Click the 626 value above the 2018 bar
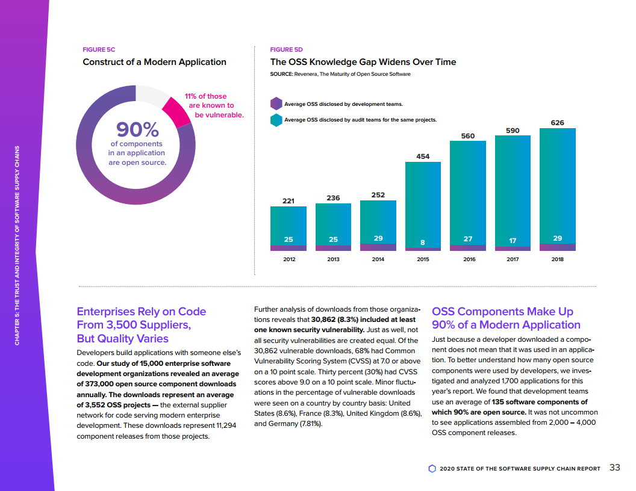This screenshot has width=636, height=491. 558,123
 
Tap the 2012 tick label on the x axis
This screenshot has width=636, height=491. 288,259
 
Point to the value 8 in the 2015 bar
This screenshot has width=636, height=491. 423,242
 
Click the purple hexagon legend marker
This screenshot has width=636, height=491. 276,104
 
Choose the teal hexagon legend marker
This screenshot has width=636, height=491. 276,120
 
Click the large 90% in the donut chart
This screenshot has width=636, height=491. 137,129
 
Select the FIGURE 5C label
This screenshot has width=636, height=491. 99,49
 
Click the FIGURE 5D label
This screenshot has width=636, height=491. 287,49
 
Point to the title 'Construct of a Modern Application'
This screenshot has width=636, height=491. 154,62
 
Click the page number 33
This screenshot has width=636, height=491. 615,468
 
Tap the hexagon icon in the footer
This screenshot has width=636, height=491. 432,468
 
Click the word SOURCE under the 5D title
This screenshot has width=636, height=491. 281,74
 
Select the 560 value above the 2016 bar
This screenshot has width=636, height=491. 468,136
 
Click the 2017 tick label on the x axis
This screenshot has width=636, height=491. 513,259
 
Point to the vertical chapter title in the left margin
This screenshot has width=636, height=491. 17,245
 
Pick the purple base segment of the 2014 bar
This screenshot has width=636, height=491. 378,247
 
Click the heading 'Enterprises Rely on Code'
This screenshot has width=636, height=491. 142,312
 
